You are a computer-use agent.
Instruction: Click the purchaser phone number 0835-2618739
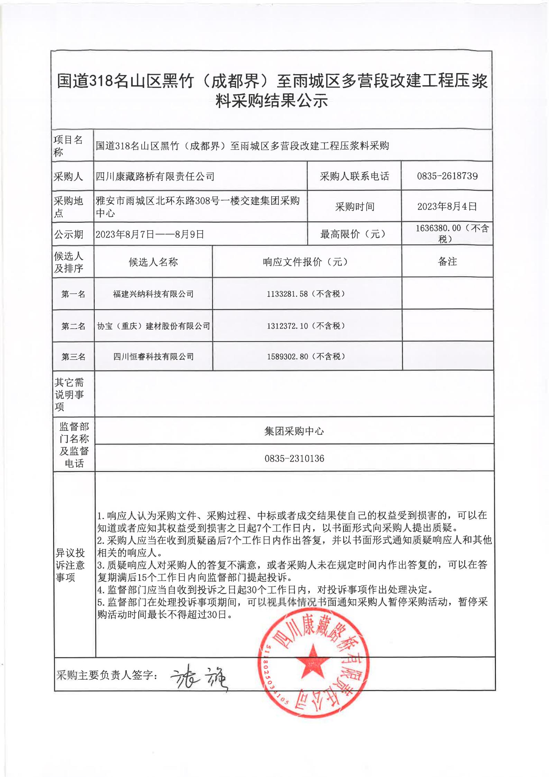pyautogui.click(x=447, y=176)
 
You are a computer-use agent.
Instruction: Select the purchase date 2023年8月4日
pyautogui.click(x=447, y=207)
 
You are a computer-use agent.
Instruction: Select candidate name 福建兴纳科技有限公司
pyautogui.click(x=153, y=294)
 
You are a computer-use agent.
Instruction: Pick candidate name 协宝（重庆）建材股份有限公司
pyautogui.click(x=153, y=326)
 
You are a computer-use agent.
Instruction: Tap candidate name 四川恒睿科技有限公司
pyautogui.click(x=153, y=357)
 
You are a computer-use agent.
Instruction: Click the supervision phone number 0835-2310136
pyautogui.click(x=294, y=458)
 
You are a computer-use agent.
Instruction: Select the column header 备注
pyautogui.click(x=447, y=262)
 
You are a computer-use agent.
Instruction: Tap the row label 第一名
pyautogui.click(x=73, y=294)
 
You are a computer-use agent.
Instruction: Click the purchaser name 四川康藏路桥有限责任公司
pyautogui.click(x=155, y=177)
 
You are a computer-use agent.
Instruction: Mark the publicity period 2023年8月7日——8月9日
pyautogui.click(x=150, y=234)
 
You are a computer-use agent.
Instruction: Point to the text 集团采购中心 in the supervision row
pyautogui.click(x=294, y=431)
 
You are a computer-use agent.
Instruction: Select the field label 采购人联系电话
pyautogui.click(x=354, y=176)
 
